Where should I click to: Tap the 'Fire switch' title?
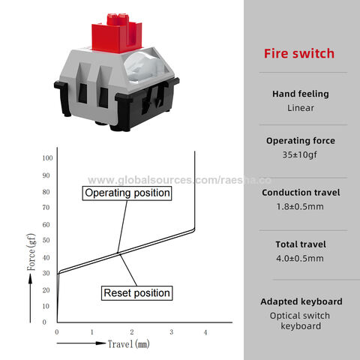[x=299, y=53]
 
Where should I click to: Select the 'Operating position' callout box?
[x=127, y=193]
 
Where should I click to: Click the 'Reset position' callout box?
[x=136, y=293]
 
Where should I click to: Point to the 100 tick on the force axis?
[x=47, y=158]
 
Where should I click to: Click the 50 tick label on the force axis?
[x=46, y=240]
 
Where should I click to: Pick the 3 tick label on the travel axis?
[x=172, y=332]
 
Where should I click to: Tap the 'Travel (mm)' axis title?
[x=128, y=344]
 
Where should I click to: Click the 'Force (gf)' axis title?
[x=31, y=252]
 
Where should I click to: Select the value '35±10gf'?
[x=299, y=154]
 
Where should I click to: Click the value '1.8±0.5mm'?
[x=300, y=207]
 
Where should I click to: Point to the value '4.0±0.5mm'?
[x=300, y=259]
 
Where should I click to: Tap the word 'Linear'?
[x=301, y=108]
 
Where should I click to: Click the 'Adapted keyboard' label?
[x=301, y=301]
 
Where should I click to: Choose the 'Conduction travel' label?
[x=301, y=193]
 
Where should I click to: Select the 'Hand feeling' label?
[x=301, y=94]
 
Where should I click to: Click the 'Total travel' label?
[x=301, y=244]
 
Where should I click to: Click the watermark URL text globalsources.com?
[x=179, y=180]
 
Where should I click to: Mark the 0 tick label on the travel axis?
[x=57, y=332]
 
